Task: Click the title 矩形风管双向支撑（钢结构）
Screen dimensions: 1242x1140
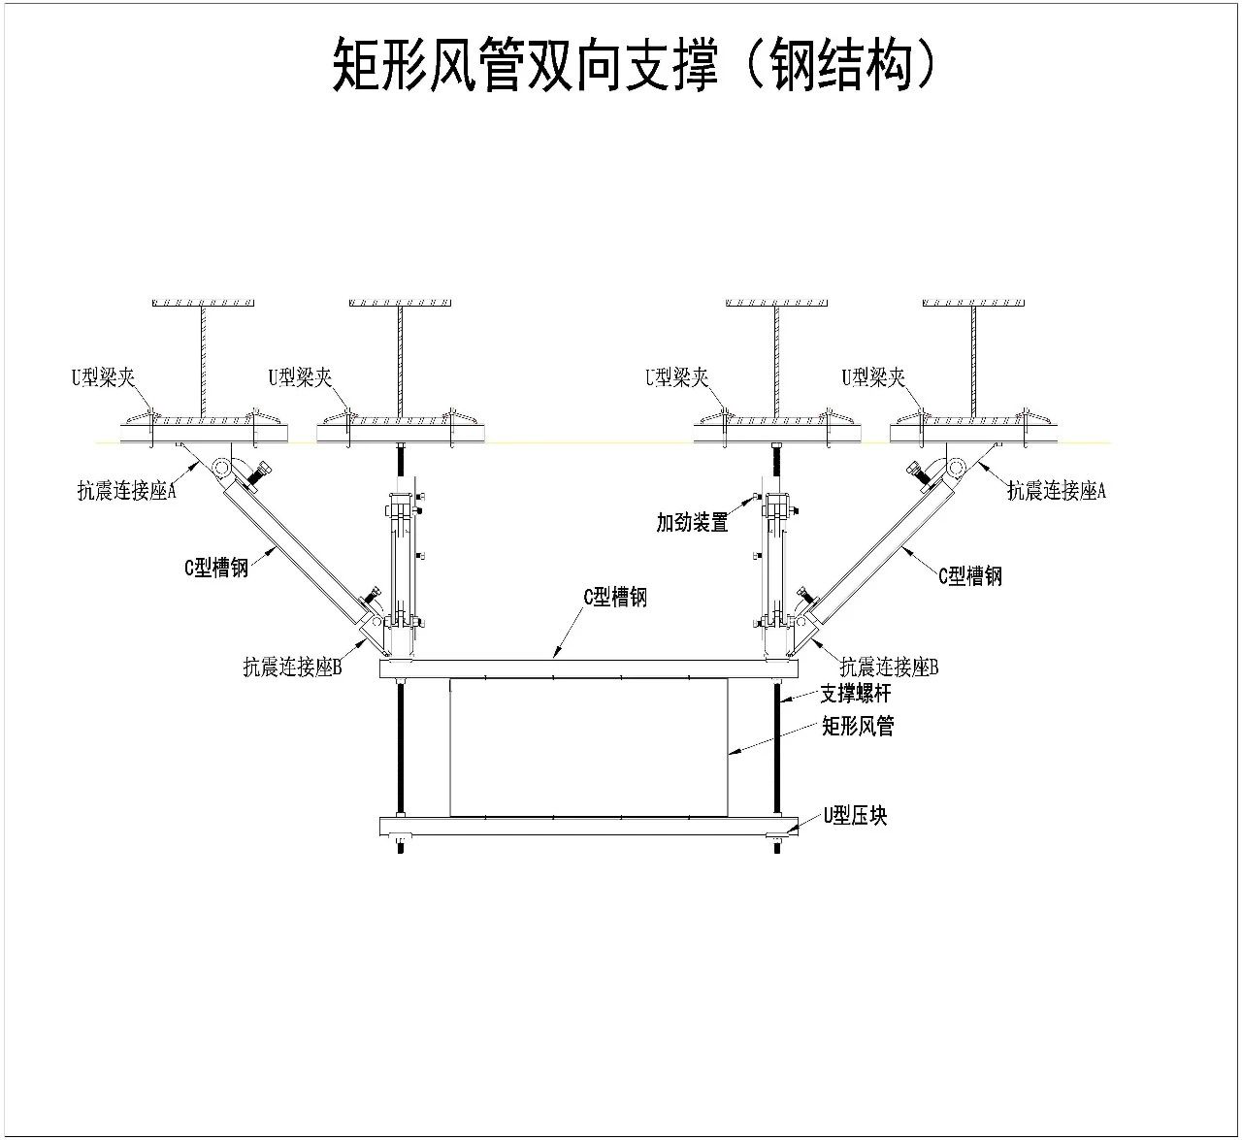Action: (635, 64)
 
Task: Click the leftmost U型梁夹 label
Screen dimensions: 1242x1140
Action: (103, 377)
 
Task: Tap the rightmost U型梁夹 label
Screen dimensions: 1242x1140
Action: (873, 377)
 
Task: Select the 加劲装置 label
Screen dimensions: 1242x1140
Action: (692, 523)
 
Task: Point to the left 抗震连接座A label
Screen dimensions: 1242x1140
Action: (127, 490)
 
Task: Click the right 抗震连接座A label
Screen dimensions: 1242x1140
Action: (1057, 490)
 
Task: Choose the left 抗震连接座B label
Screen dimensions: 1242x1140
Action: (292, 667)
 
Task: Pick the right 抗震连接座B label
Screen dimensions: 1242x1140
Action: (889, 667)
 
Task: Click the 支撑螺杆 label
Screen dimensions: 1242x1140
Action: (856, 694)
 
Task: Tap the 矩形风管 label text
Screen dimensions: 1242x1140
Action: (858, 726)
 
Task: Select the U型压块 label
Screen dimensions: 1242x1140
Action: (855, 816)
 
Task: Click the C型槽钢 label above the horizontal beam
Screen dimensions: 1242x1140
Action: (615, 597)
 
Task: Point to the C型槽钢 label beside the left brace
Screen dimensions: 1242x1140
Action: (216, 568)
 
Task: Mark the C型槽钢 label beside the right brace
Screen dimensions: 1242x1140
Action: (970, 576)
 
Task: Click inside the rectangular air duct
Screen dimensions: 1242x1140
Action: (588, 747)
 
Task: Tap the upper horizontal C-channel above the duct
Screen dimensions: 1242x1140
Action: (588, 668)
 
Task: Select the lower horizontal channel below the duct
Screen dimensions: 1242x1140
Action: (588, 826)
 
